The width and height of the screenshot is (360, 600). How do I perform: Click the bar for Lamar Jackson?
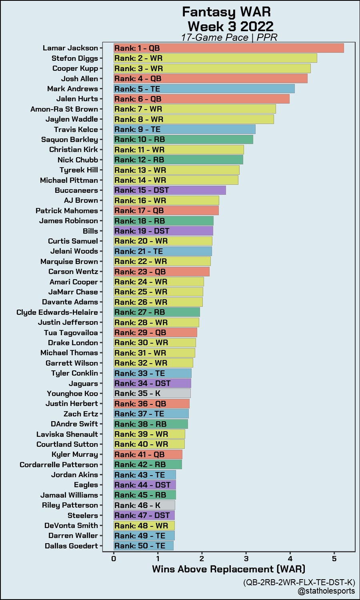pyautogui.click(x=228, y=48)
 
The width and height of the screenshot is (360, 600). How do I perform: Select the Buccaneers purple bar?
pyautogui.click(x=170, y=190)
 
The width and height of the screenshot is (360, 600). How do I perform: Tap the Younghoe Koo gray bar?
pyautogui.click(x=152, y=393)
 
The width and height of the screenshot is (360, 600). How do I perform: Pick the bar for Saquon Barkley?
pyautogui.click(x=183, y=139)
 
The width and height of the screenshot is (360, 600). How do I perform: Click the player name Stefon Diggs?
pyautogui.click(x=75, y=58)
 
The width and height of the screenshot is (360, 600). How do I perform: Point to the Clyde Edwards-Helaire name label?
pyautogui.click(x=57, y=312)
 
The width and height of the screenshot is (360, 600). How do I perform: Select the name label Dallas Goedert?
pyautogui.click(x=71, y=546)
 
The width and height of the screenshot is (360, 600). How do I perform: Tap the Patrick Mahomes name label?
pyautogui.click(x=67, y=210)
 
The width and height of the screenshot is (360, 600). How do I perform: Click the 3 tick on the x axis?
pyautogui.click(x=246, y=558)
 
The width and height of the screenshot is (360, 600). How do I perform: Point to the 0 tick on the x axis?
pyautogui.click(x=114, y=558)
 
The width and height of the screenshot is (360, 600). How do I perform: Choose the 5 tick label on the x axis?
pyautogui.click(x=334, y=558)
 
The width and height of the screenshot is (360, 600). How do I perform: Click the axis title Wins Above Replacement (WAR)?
pyautogui.click(x=228, y=569)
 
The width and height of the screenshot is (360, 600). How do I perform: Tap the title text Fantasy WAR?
pyautogui.click(x=226, y=12)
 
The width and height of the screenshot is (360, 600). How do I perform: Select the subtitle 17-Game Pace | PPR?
pyautogui.click(x=229, y=38)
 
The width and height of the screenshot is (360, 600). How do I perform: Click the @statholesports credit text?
pyautogui.click(x=326, y=591)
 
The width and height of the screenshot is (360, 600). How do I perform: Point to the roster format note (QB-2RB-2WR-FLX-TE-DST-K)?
pyautogui.click(x=299, y=582)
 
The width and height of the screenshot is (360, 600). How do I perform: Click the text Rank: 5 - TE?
pyautogui.click(x=137, y=89)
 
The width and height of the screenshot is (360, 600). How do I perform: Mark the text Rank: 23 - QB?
pyautogui.click(x=140, y=272)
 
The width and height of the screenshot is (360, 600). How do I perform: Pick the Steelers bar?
pyautogui.click(x=144, y=515)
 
